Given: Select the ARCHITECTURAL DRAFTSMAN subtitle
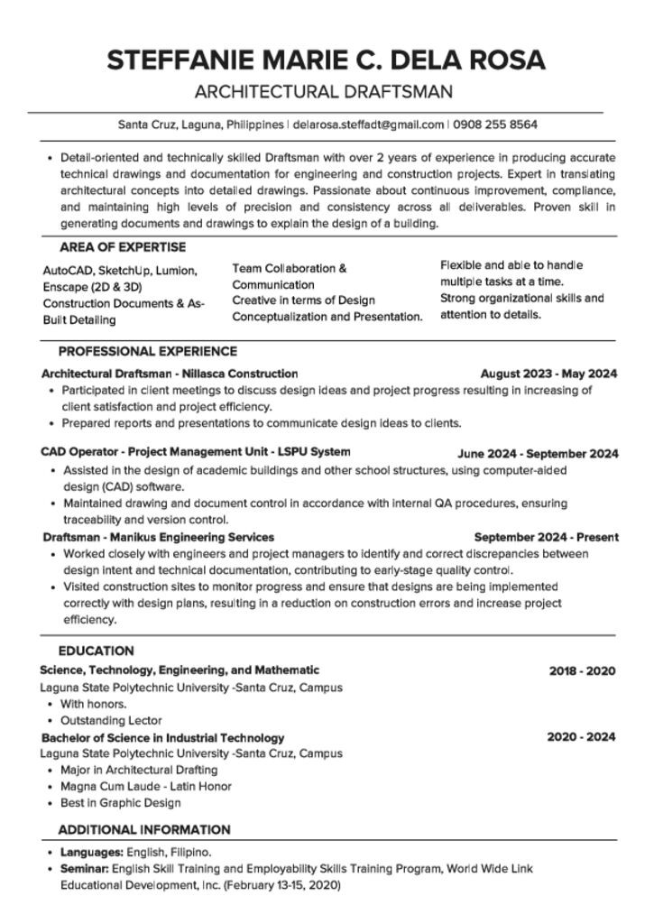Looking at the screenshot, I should (324, 91).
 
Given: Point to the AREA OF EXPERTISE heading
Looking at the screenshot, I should (123, 247).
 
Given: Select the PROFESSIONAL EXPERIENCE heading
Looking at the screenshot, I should (148, 351).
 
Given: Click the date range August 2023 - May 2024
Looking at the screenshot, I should (548, 374).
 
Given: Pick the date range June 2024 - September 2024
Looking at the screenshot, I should (538, 454).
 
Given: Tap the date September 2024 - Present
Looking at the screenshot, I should (546, 537).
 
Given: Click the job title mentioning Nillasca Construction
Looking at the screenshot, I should (170, 374).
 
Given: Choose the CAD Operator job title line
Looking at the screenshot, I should (196, 451).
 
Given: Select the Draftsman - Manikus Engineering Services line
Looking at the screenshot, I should (159, 537).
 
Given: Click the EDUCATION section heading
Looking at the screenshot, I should (97, 651).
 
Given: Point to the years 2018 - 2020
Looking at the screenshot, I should (582, 671).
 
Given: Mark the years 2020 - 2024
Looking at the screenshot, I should (581, 737).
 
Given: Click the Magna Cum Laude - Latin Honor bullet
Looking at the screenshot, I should (146, 787).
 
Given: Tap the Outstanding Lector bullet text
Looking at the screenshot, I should (111, 721).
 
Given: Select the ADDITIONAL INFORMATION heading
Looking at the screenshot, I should (144, 829).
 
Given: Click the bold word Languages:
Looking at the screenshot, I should (91, 852).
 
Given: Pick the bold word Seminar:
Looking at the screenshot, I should (85, 869).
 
